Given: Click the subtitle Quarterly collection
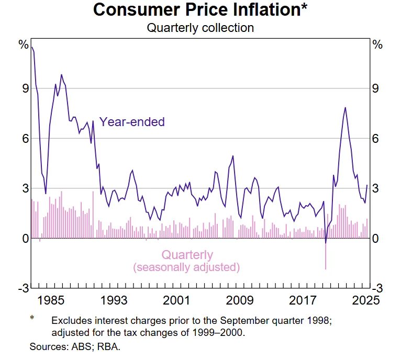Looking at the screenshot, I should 200,28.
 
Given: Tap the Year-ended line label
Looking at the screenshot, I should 132,122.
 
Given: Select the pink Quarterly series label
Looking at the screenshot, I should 187,255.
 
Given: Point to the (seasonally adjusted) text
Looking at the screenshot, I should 187,267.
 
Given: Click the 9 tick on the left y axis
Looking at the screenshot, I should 25,88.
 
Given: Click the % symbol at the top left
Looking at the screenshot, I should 24,44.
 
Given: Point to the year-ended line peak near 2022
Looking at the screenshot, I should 345,108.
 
